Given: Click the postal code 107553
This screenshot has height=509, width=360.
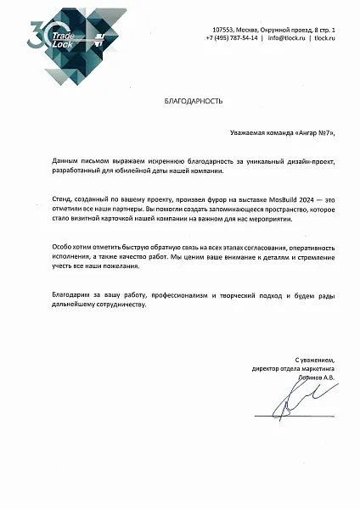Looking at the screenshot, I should point(222,30).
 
